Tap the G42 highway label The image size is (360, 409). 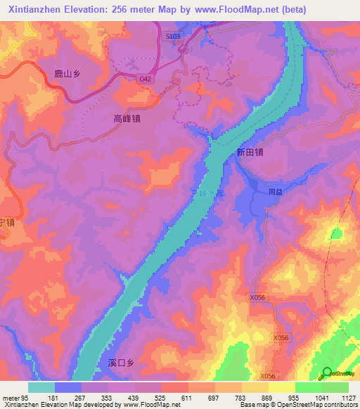point(146,79)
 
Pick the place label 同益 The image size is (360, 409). point(276,190)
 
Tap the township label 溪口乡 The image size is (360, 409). point(121,363)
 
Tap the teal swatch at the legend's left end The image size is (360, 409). point(41,387)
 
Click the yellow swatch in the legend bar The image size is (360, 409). point(281,387)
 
